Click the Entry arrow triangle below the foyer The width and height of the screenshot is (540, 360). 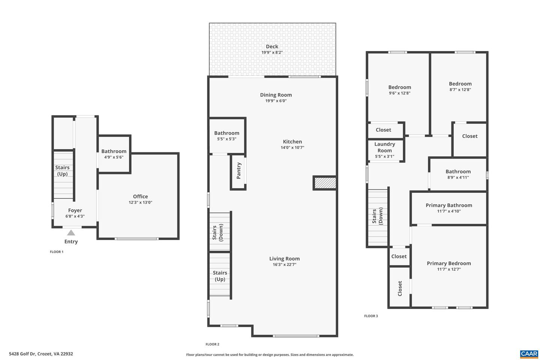(71, 233)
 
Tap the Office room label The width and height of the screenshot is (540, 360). (140, 196)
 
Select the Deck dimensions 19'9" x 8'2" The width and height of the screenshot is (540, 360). (272, 52)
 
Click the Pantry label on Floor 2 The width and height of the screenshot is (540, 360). (239, 171)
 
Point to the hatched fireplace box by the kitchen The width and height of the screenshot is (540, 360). (325, 183)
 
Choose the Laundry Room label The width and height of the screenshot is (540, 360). (385, 147)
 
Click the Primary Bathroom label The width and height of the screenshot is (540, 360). (448, 205)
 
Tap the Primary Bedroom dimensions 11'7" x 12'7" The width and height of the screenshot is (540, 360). (448, 269)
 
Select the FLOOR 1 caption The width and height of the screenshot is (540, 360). (57, 252)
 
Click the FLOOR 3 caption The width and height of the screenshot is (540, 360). (371, 316)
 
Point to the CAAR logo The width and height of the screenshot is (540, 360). (529, 354)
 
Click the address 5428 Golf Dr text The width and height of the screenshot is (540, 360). (41, 354)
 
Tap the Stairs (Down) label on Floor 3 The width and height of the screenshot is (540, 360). (377, 217)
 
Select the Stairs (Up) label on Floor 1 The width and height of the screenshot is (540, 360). (62, 171)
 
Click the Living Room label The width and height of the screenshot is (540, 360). (284, 258)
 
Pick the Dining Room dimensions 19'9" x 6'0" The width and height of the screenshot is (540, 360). (276, 101)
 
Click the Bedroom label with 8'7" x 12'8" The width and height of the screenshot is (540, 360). (460, 84)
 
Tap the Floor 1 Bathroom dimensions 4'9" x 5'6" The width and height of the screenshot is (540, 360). (114, 157)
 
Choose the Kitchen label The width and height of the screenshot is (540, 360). (292, 141)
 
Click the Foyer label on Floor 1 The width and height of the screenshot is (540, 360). (75, 210)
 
